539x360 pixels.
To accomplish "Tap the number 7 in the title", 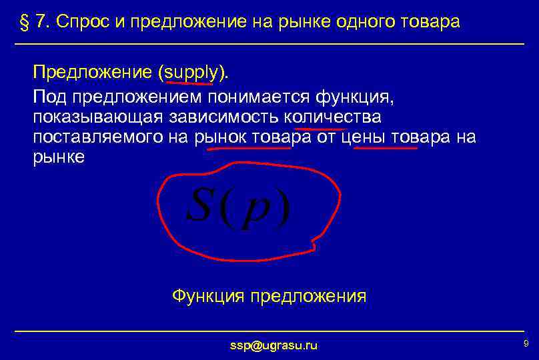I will click(41, 22).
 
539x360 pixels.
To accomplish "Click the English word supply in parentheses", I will click(189, 73).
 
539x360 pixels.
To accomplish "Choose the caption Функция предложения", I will click(269, 295).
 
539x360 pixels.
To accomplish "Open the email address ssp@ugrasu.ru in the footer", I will click(273, 345).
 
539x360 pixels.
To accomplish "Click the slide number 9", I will click(526, 343).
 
